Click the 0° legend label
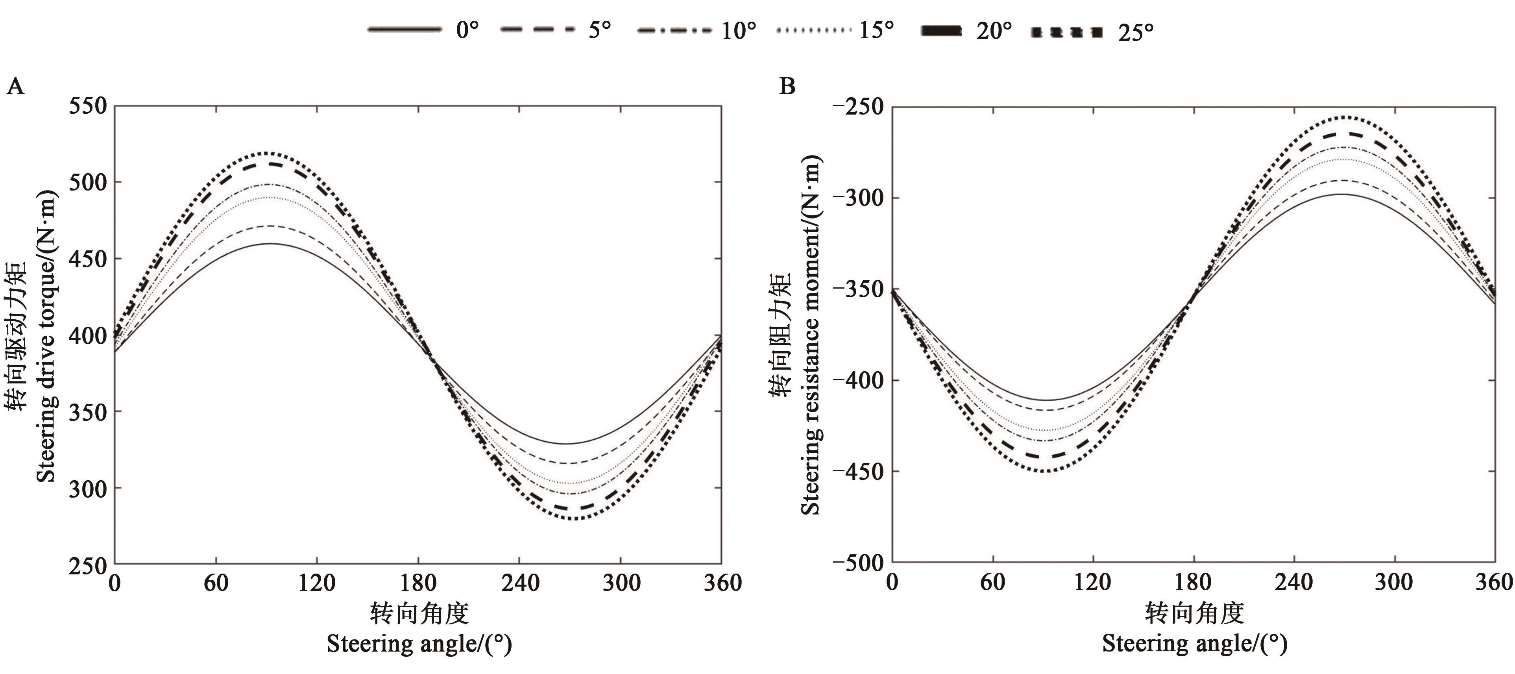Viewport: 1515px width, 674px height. [x=467, y=30]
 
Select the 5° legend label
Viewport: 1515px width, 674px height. [x=599, y=30]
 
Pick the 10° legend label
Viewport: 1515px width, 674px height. [x=739, y=31]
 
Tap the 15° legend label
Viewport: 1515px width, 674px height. [x=876, y=30]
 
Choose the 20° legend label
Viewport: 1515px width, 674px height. [x=994, y=31]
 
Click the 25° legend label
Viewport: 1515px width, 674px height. [x=1135, y=32]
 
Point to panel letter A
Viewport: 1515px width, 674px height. [x=15, y=87]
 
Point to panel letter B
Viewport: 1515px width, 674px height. [x=787, y=87]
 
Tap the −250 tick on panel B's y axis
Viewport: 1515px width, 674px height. [x=858, y=107]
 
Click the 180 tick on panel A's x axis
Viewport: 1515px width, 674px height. [x=418, y=583]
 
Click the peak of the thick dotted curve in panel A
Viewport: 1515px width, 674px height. [x=268, y=153]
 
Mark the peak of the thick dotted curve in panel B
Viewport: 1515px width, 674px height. [x=1344, y=117]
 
